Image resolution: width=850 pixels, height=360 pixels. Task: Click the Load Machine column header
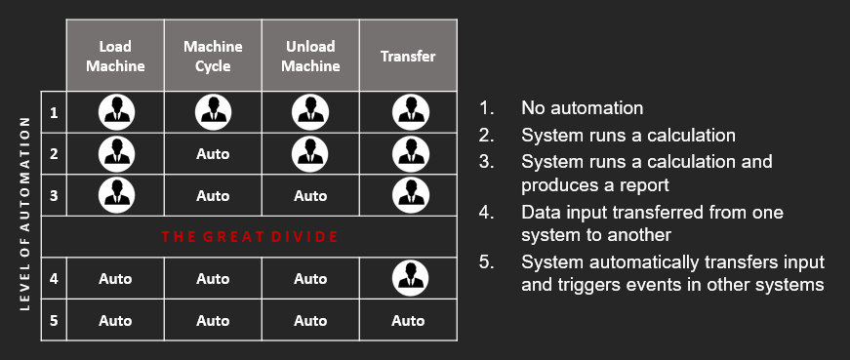coord(115,56)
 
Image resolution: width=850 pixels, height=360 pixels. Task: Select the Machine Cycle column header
coord(213,56)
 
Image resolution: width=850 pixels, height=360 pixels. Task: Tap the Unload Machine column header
coord(310,56)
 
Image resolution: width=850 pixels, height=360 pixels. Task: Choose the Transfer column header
coord(408,56)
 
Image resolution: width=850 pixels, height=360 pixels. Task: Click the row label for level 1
coord(54,113)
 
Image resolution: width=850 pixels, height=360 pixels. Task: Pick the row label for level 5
coord(54,320)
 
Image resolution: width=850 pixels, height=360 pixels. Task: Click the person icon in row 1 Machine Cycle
coord(213,112)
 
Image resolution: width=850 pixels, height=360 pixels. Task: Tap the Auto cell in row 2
coord(213,154)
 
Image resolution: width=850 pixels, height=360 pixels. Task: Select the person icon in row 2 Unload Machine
coord(310,154)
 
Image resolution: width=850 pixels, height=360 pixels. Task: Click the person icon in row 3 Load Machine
coord(116,195)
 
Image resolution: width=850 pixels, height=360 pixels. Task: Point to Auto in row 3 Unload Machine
coord(310,196)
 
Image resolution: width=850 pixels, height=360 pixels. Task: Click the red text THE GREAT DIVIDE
coord(250,237)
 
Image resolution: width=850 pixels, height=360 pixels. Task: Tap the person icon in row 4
coord(411,278)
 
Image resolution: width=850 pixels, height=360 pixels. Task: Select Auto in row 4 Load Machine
coord(115,279)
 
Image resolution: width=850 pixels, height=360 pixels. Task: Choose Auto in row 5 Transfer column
coord(408,320)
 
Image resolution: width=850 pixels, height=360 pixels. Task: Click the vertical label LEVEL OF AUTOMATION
coord(25,214)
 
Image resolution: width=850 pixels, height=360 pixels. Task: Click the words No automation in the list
coord(583,108)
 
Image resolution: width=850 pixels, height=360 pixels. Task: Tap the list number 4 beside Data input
coord(486,212)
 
